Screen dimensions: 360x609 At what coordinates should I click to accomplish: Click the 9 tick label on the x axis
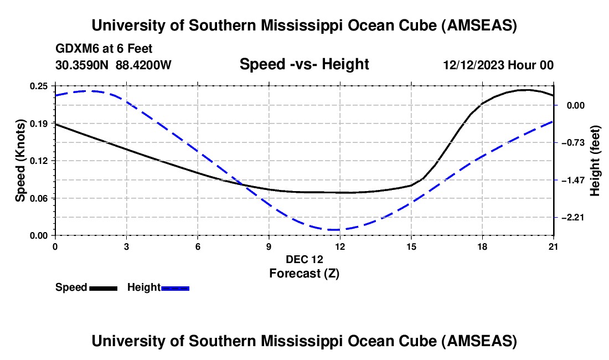(x=269, y=246)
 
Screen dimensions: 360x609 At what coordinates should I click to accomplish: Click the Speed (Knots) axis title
(x=20, y=160)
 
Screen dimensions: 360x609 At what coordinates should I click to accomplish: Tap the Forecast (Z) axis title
(x=304, y=273)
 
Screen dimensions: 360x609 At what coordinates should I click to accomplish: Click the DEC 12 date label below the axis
(x=304, y=259)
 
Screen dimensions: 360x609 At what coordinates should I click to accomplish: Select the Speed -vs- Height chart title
(x=304, y=65)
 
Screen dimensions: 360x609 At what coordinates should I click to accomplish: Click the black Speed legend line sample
(x=103, y=288)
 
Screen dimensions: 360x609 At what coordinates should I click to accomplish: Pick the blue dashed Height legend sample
(x=176, y=288)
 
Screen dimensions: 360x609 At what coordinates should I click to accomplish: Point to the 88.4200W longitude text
(x=144, y=65)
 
